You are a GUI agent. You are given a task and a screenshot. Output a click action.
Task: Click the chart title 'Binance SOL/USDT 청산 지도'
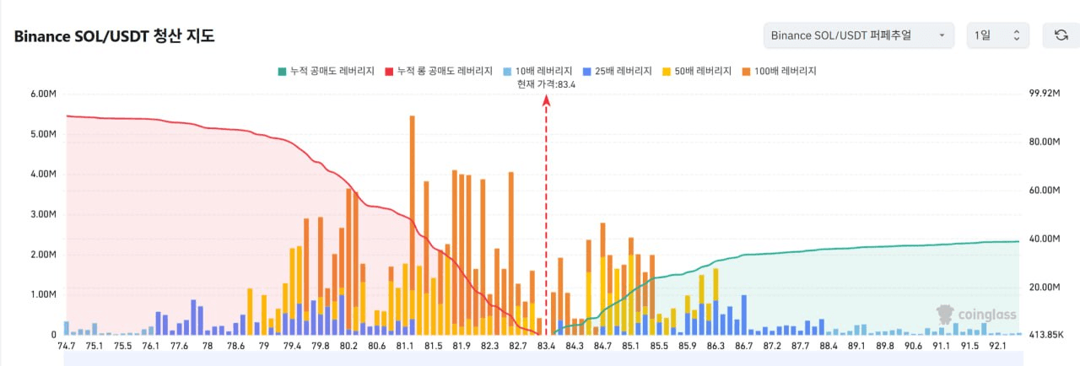114,36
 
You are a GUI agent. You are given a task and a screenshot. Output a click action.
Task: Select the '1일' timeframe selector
997,35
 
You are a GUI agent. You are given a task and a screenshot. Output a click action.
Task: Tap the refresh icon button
1061,35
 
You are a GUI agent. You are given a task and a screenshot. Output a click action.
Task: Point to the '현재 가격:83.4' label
546,83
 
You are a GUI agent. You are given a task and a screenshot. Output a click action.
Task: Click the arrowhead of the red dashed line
546,100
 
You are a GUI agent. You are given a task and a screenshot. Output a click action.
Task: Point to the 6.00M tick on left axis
43,94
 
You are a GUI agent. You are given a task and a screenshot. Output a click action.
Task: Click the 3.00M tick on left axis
43,214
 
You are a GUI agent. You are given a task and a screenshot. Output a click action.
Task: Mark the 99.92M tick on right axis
1045,94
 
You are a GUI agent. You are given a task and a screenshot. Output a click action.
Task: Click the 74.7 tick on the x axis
66,346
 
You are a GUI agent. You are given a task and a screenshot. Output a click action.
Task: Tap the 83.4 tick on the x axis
546,346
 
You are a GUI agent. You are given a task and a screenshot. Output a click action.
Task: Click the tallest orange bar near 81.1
412,219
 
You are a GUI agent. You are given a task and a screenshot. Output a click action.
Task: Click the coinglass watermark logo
978,315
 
